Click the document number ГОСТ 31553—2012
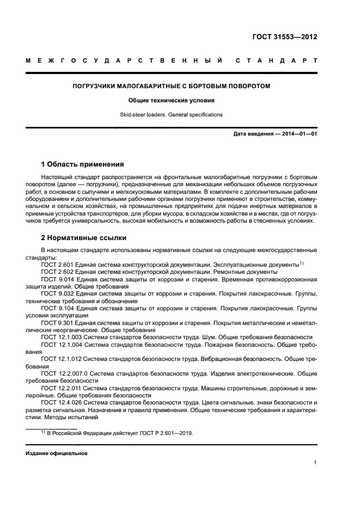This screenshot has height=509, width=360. coord(284,37)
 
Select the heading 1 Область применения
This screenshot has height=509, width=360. coord(82,164)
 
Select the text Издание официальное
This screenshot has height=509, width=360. coord(57,453)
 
